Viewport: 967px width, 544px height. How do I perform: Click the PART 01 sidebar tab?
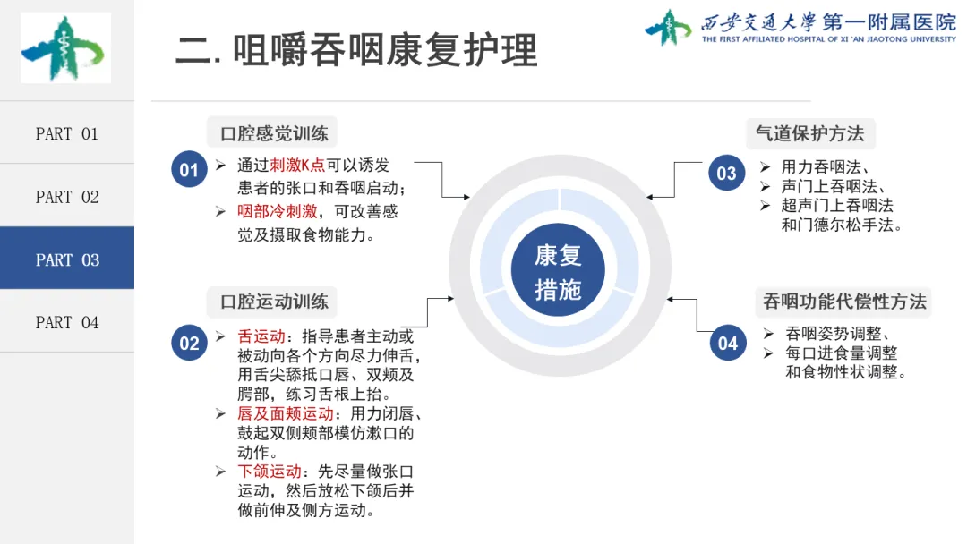[67, 133]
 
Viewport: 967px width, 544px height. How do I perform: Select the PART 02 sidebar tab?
[67, 197]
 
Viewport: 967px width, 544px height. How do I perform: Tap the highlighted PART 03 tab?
[67, 259]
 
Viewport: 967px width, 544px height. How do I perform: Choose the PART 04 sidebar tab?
[67, 322]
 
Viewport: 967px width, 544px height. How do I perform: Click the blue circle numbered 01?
[189, 170]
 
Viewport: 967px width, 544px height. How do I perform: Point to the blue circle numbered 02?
[189, 343]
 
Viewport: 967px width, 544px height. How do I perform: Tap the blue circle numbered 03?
[726, 173]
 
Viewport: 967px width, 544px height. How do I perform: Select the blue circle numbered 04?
[726, 343]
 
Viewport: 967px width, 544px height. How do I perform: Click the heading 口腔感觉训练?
[274, 134]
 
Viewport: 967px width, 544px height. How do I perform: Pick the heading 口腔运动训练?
[274, 302]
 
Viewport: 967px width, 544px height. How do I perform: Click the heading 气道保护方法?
[810, 133]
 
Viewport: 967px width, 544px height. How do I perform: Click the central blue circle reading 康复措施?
[558, 271]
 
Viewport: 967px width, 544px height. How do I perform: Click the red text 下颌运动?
[270, 471]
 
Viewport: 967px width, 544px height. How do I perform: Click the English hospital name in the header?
[828, 39]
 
